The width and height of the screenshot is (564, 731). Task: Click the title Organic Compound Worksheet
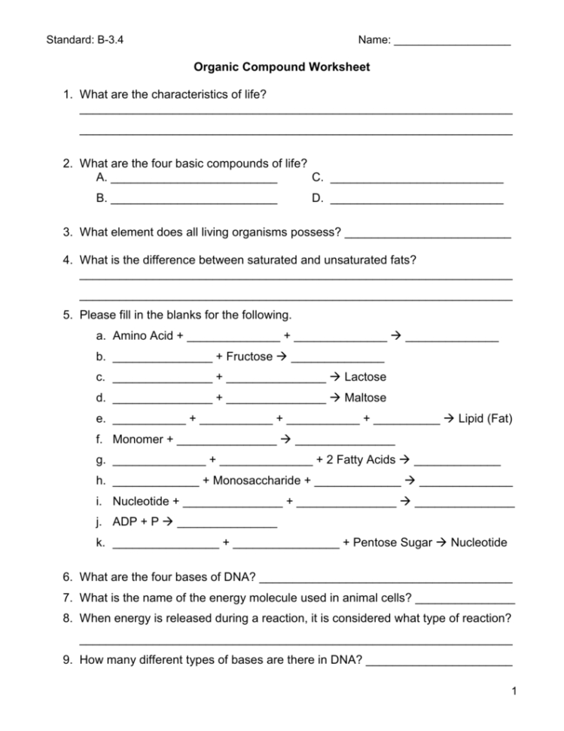[282, 67]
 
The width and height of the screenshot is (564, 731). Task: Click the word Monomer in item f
[138, 439]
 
